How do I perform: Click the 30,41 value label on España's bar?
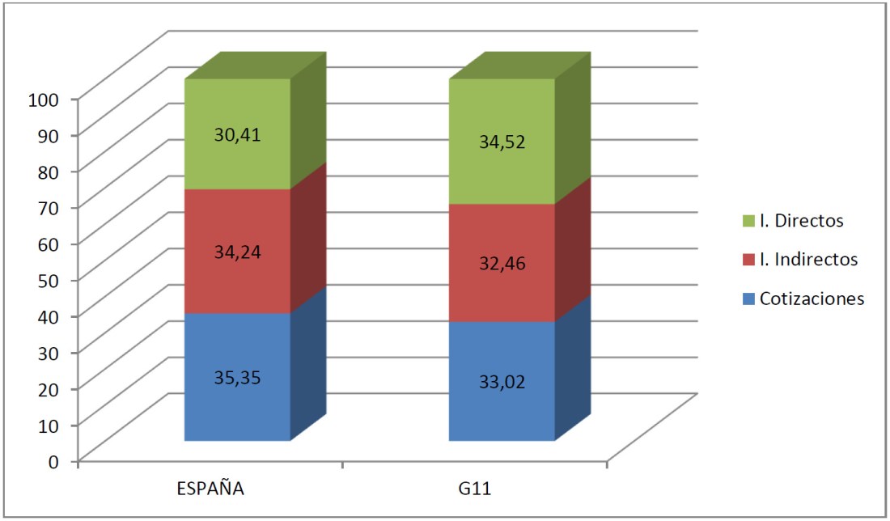[237, 134]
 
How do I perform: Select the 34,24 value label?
[237, 252]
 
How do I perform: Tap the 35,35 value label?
[237, 377]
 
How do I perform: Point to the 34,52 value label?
[502, 143]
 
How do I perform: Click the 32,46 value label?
[502, 263]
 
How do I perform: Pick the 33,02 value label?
[502, 381]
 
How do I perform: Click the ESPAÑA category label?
[210, 490]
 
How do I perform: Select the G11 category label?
[475, 490]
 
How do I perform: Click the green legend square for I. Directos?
[748, 221]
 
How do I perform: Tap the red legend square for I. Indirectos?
[748, 260]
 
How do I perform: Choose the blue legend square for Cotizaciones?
[748, 299]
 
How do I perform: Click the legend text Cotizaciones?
[813, 299]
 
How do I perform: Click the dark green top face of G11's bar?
[518, 67]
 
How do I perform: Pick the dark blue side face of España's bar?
[308, 364]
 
